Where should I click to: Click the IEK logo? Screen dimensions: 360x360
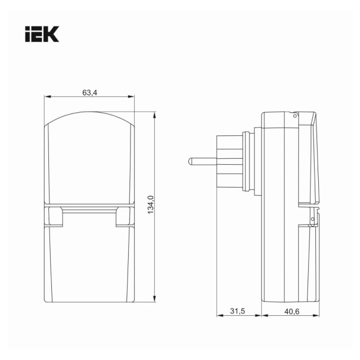coord(42,34)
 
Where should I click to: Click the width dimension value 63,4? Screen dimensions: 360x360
coord(90,92)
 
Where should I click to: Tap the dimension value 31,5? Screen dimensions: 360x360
coord(238,311)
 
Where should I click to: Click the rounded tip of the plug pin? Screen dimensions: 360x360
coord(190,161)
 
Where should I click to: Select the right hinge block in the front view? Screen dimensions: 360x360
coord(124,216)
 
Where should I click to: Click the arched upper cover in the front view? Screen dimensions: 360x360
coord(90,159)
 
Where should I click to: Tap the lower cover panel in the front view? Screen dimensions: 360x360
coord(90,265)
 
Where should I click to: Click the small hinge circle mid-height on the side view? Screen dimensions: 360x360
coord(312,219)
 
